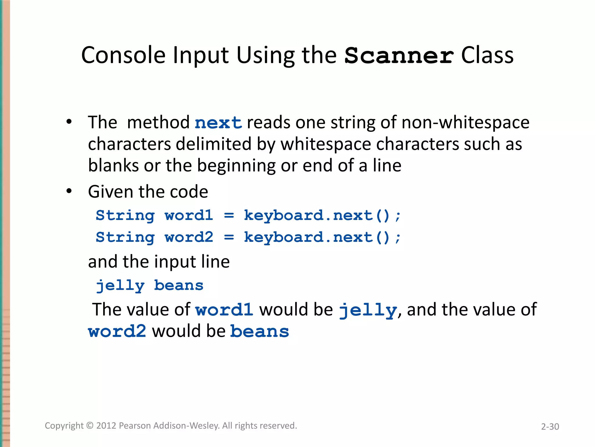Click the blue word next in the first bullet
(218, 123)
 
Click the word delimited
(213, 144)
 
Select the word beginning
(236, 166)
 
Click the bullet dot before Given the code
(69, 191)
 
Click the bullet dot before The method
(69, 122)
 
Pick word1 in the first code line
(189, 216)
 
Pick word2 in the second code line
(189, 237)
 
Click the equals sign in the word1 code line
(229, 216)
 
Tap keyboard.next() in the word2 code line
(317, 237)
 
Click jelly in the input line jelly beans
(120, 285)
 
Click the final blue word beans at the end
(259, 331)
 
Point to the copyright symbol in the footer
(90, 425)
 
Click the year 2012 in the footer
(106, 425)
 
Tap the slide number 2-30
(550, 427)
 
